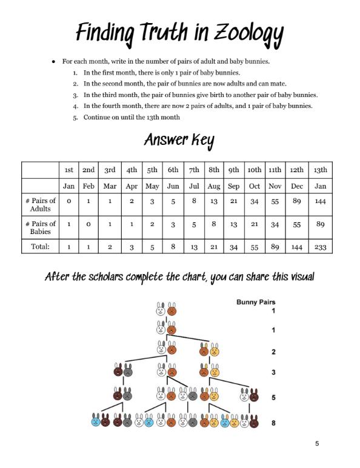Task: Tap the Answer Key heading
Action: (x=179, y=140)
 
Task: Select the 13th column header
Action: (x=320, y=170)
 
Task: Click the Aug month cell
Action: (x=214, y=186)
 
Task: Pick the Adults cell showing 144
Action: (x=320, y=201)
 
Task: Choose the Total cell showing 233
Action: (x=320, y=247)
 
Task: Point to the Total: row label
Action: (x=40, y=246)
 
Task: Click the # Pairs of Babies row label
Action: (x=41, y=227)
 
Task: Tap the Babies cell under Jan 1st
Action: (x=68, y=224)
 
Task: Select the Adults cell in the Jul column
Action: (x=194, y=201)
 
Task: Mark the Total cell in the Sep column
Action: (x=234, y=247)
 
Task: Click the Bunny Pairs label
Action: (x=256, y=302)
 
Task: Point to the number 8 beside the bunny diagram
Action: (x=273, y=423)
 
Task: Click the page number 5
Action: (x=317, y=444)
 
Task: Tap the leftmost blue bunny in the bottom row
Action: (x=96, y=420)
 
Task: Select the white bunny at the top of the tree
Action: (x=161, y=309)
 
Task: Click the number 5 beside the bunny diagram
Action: (x=273, y=398)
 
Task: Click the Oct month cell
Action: (x=255, y=186)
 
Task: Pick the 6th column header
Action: (x=173, y=170)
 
